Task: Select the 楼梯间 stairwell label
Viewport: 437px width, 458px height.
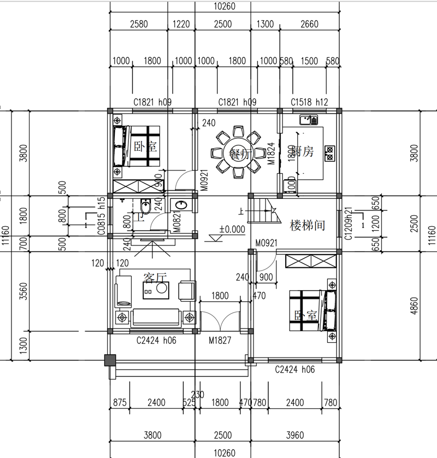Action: pyautogui.click(x=308, y=225)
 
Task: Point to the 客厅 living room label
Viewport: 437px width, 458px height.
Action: pyautogui.click(x=154, y=278)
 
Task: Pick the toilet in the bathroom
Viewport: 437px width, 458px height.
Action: pyautogui.click(x=145, y=208)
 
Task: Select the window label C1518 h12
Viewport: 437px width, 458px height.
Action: pyautogui.click(x=309, y=102)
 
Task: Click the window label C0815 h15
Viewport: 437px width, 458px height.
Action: pyautogui.click(x=102, y=216)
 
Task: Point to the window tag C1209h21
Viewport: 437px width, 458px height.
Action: pyautogui.click(x=348, y=222)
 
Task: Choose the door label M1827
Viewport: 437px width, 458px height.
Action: pyautogui.click(x=220, y=340)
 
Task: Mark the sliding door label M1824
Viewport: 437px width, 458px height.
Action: pyautogui.click(x=270, y=153)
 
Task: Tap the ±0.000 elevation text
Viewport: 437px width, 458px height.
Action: pyautogui.click(x=232, y=230)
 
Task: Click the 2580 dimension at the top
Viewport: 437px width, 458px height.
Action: pyautogui.click(x=139, y=24)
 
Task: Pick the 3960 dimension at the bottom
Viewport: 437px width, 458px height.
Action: pyautogui.click(x=295, y=436)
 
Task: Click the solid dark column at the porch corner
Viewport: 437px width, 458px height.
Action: pyautogui.click(x=110, y=360)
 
